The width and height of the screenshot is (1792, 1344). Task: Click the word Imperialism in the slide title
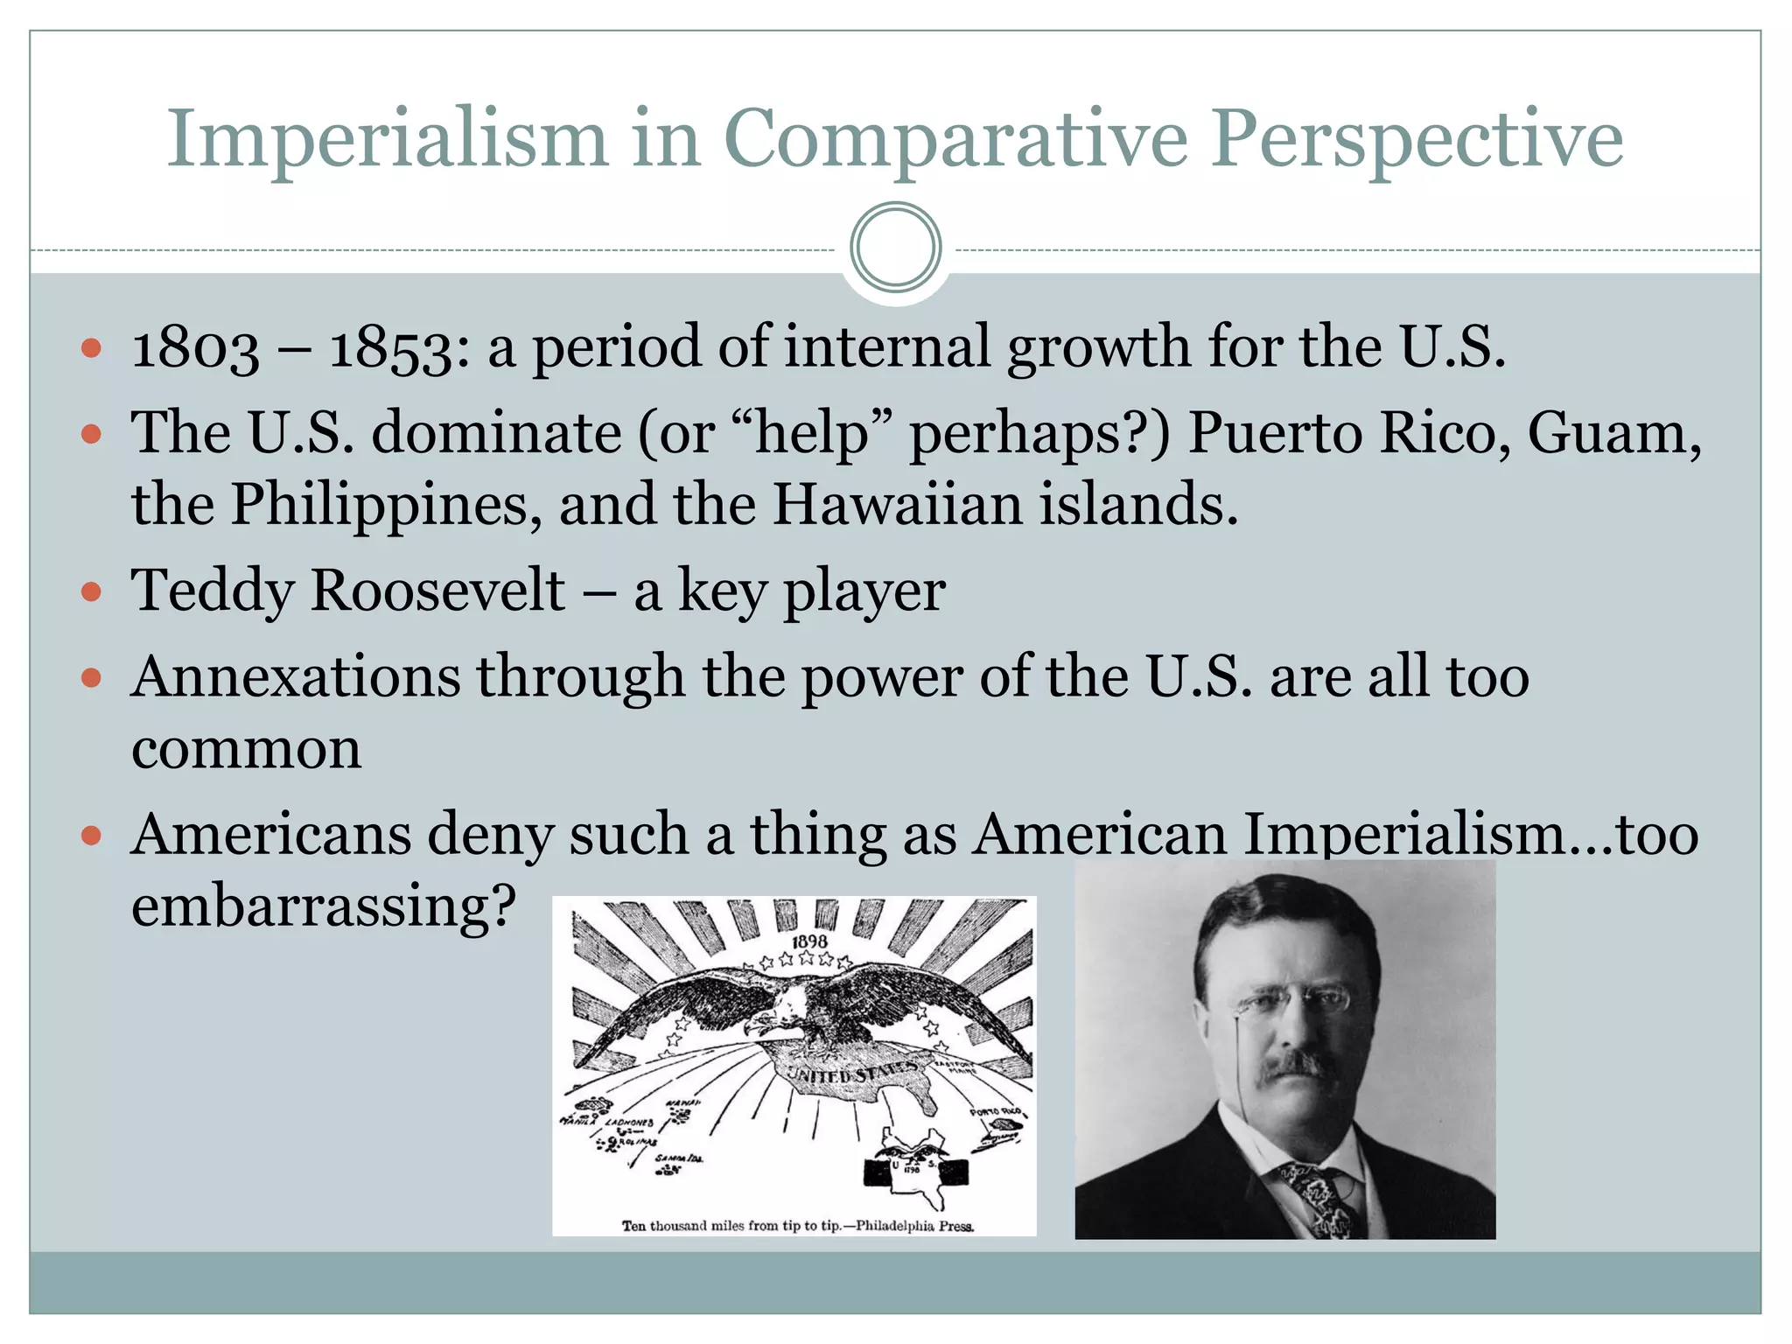click(x=387, y=140)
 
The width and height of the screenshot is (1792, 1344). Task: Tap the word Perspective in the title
click(x=1417, y=140)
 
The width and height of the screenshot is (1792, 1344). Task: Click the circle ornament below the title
click(x=895, y=248)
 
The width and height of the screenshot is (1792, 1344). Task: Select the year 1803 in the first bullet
click(x=195, y=347)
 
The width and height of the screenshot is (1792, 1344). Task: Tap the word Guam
click(x=1613, y=433)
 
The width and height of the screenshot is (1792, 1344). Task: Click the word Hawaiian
click(x=898, y=504)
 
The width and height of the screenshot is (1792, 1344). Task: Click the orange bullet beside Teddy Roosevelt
click(x=91, y=592)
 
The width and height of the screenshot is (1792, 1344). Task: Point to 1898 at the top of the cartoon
click(x=809, y=941)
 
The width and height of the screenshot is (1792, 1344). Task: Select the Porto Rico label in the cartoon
click(x=996, y=1112)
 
